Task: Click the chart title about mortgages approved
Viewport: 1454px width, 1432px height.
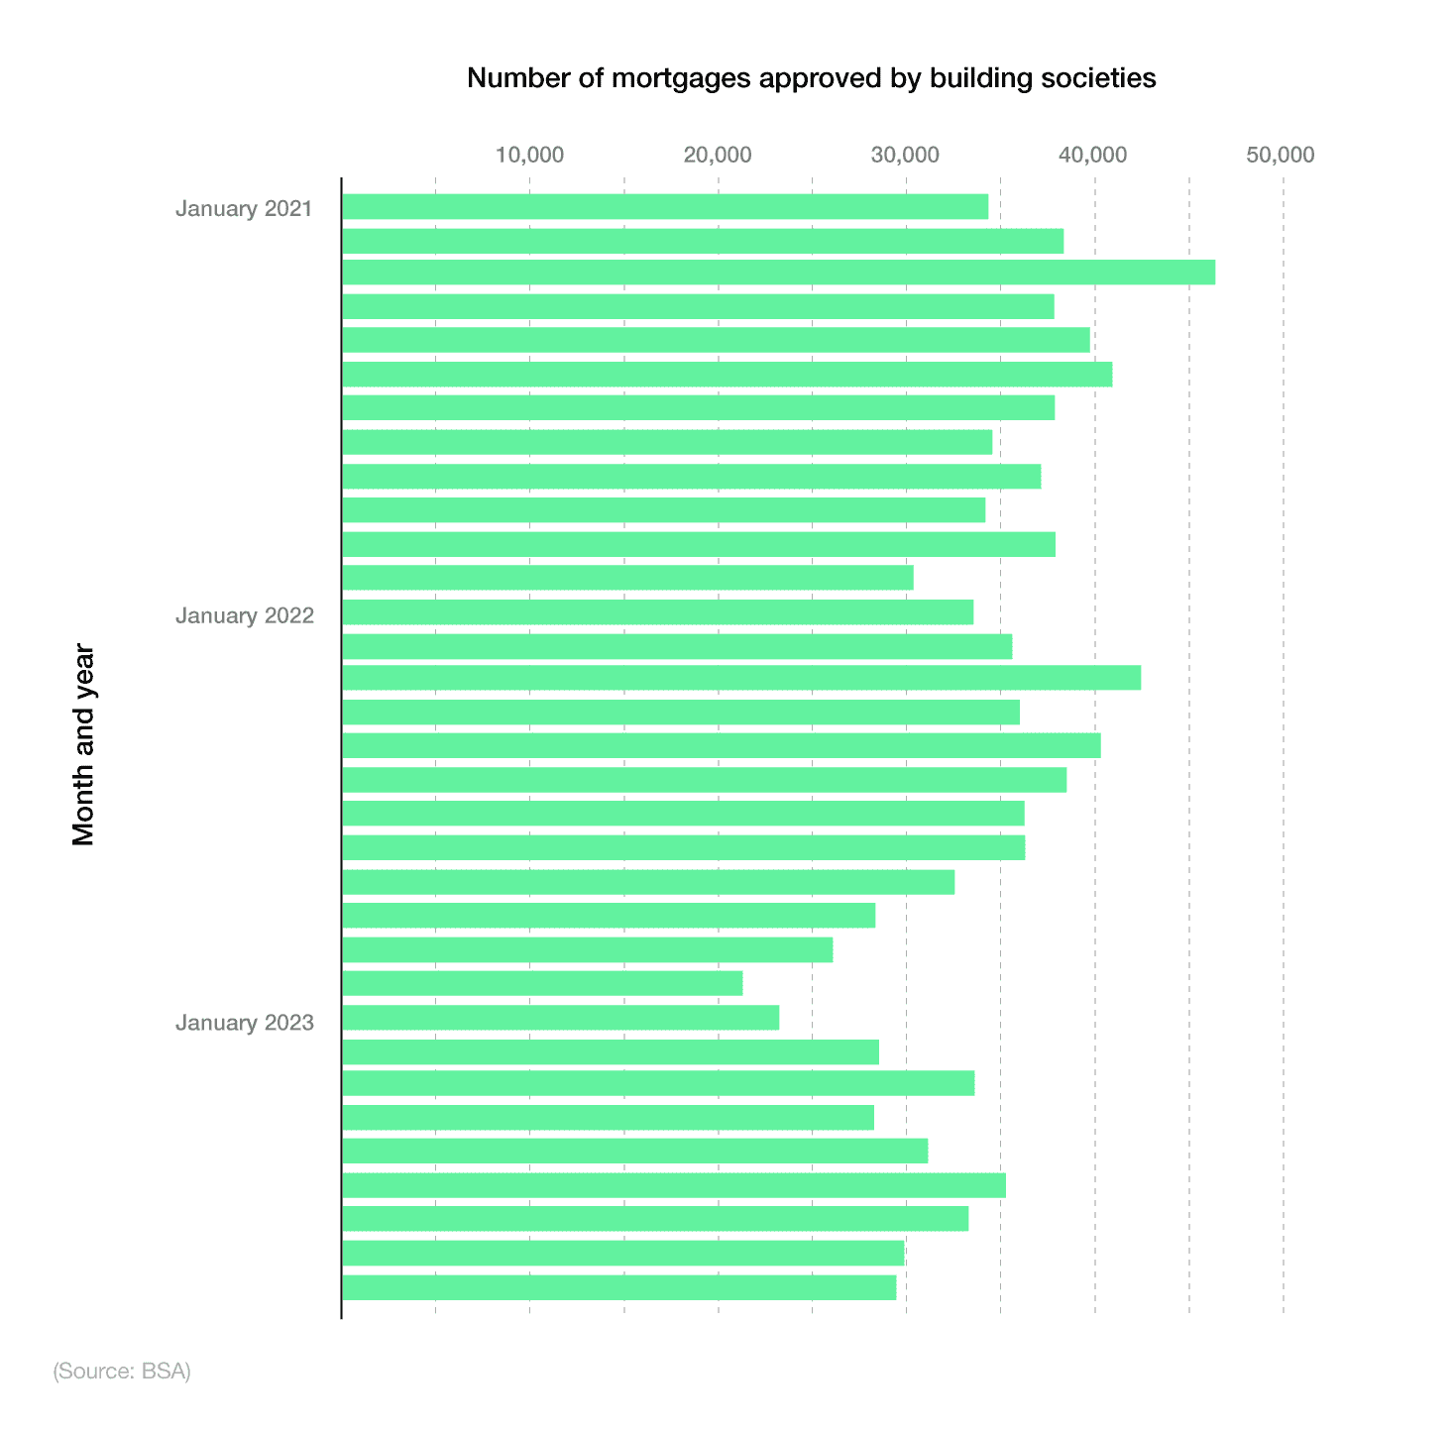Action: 811,78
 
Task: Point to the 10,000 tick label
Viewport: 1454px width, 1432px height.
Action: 529,155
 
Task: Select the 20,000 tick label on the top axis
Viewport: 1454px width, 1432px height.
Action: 718,155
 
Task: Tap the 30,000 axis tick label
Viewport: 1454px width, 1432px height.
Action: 906,155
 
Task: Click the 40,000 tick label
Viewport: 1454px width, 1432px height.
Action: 1094,155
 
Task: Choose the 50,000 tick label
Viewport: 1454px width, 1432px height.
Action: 1282,155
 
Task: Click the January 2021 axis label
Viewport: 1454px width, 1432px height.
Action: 244,209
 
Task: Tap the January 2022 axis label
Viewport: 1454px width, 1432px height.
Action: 244,615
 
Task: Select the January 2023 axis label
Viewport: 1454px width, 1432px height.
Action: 244,1023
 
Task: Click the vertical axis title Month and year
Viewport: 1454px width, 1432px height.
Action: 84,745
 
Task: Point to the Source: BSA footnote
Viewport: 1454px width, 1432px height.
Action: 122,1372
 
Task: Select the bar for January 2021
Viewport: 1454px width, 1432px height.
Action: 664,206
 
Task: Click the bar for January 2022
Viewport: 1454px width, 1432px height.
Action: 657,612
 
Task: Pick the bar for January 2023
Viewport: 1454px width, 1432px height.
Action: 560,1018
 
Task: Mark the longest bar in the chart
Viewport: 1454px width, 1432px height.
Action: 778,272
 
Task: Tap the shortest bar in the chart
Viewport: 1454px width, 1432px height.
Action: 541,983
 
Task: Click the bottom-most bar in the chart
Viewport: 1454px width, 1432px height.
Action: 618,1287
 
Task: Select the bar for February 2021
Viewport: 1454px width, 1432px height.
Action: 702,241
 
